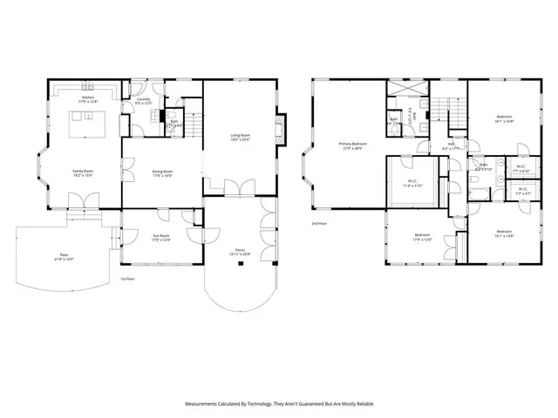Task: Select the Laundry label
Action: (x=143, y=101)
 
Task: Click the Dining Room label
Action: (x=162, y=173)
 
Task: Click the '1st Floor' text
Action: (x=128, y=279)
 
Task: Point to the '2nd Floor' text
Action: (x=319, y=223)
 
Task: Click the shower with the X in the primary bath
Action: (x=406, y=90)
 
